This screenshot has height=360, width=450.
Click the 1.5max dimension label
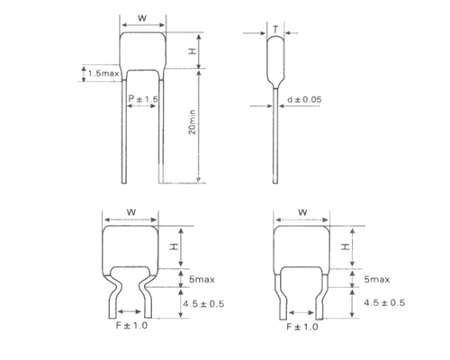(103, 73)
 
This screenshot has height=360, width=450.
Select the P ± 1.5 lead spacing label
(143, 99)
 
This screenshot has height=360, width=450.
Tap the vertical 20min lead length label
(192, 122)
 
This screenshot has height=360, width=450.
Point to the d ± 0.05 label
(304, 99)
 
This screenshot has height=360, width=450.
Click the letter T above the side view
(275, 30)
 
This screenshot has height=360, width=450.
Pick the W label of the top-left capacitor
(142, 18)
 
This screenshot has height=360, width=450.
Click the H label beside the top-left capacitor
(193, 51)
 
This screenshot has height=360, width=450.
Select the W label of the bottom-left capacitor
(131, 212)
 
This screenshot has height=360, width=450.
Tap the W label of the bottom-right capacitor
(302, 212)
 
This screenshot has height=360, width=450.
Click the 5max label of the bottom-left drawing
(202, 280)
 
